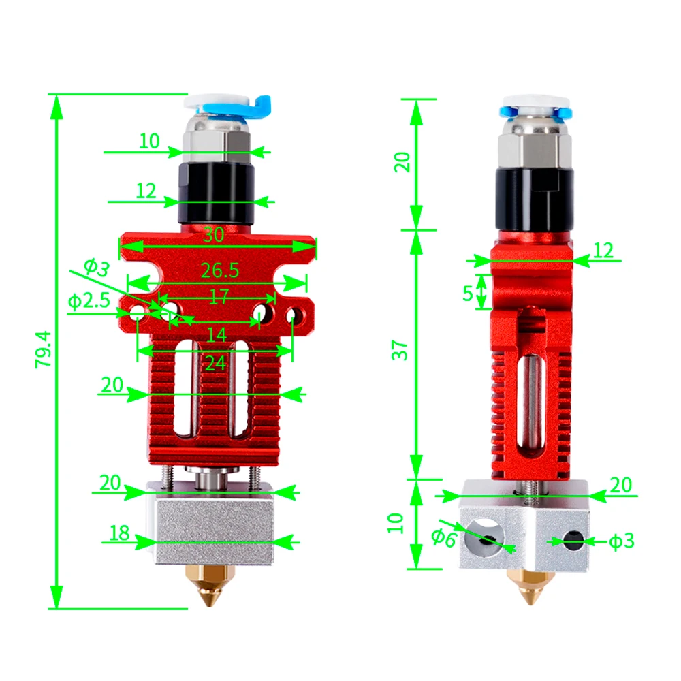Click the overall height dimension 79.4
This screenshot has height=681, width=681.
click(x=43, y=349)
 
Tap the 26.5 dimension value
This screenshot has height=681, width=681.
click(x=220, y=270)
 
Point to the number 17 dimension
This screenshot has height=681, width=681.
click(x=218, y=297)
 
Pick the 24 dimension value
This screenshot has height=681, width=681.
click(x=215, y=363)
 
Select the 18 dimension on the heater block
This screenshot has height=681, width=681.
click(x=119, y=533)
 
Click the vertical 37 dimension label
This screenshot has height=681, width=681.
click(x=402, y=349)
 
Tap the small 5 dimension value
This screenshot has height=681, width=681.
click(x=467, y=294)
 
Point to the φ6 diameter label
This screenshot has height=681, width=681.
click(x=443, y=538)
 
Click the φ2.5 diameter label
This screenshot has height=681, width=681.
click(x=89, y=300)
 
